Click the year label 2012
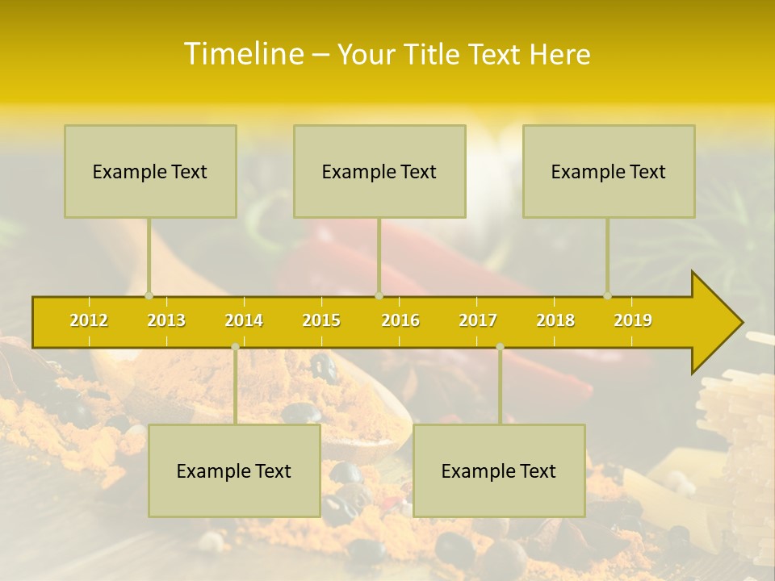coord(89,320)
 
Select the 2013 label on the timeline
coord(166,320)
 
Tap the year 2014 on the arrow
coord(244,320)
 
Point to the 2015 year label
coord(321,320)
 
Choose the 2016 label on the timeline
coord(400,320)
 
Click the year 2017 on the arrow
coord(478,320)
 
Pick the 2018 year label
coord(555,320)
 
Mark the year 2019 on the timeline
coord(633,320)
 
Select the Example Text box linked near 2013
coord(150,171)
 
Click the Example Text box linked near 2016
coord(379,171)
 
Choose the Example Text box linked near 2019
coord(609,171)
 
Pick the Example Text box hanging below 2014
coord(234,470)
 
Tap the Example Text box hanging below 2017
coord(499,470)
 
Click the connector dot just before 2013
coord(149,295)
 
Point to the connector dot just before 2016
coord(379,295)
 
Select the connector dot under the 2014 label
coord(235,346)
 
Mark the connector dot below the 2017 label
coord(500,346)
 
